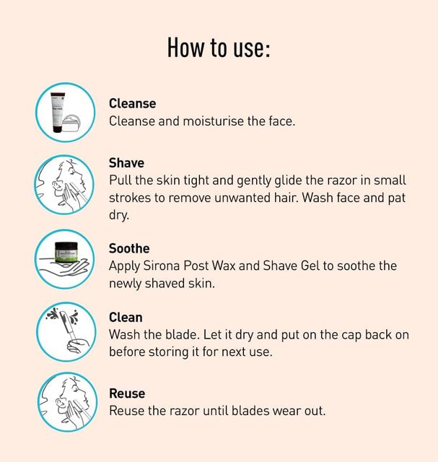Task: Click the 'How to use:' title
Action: (x=219, y=48)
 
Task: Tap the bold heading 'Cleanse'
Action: (x=132, y=104)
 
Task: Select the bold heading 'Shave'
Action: (x=126, y=163)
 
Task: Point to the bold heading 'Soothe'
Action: (x=129, y=248)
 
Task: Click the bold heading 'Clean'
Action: (x=126, y=318)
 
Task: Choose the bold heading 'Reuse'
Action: (x=127, y=393)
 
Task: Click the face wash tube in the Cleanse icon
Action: (x=57, y=113)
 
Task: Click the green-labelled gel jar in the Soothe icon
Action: (x=66, y=252)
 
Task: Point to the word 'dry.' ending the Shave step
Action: (x=119, y=215)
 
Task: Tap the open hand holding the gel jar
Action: (x=64, y=266)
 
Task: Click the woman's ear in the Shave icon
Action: (x=56, y=186)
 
